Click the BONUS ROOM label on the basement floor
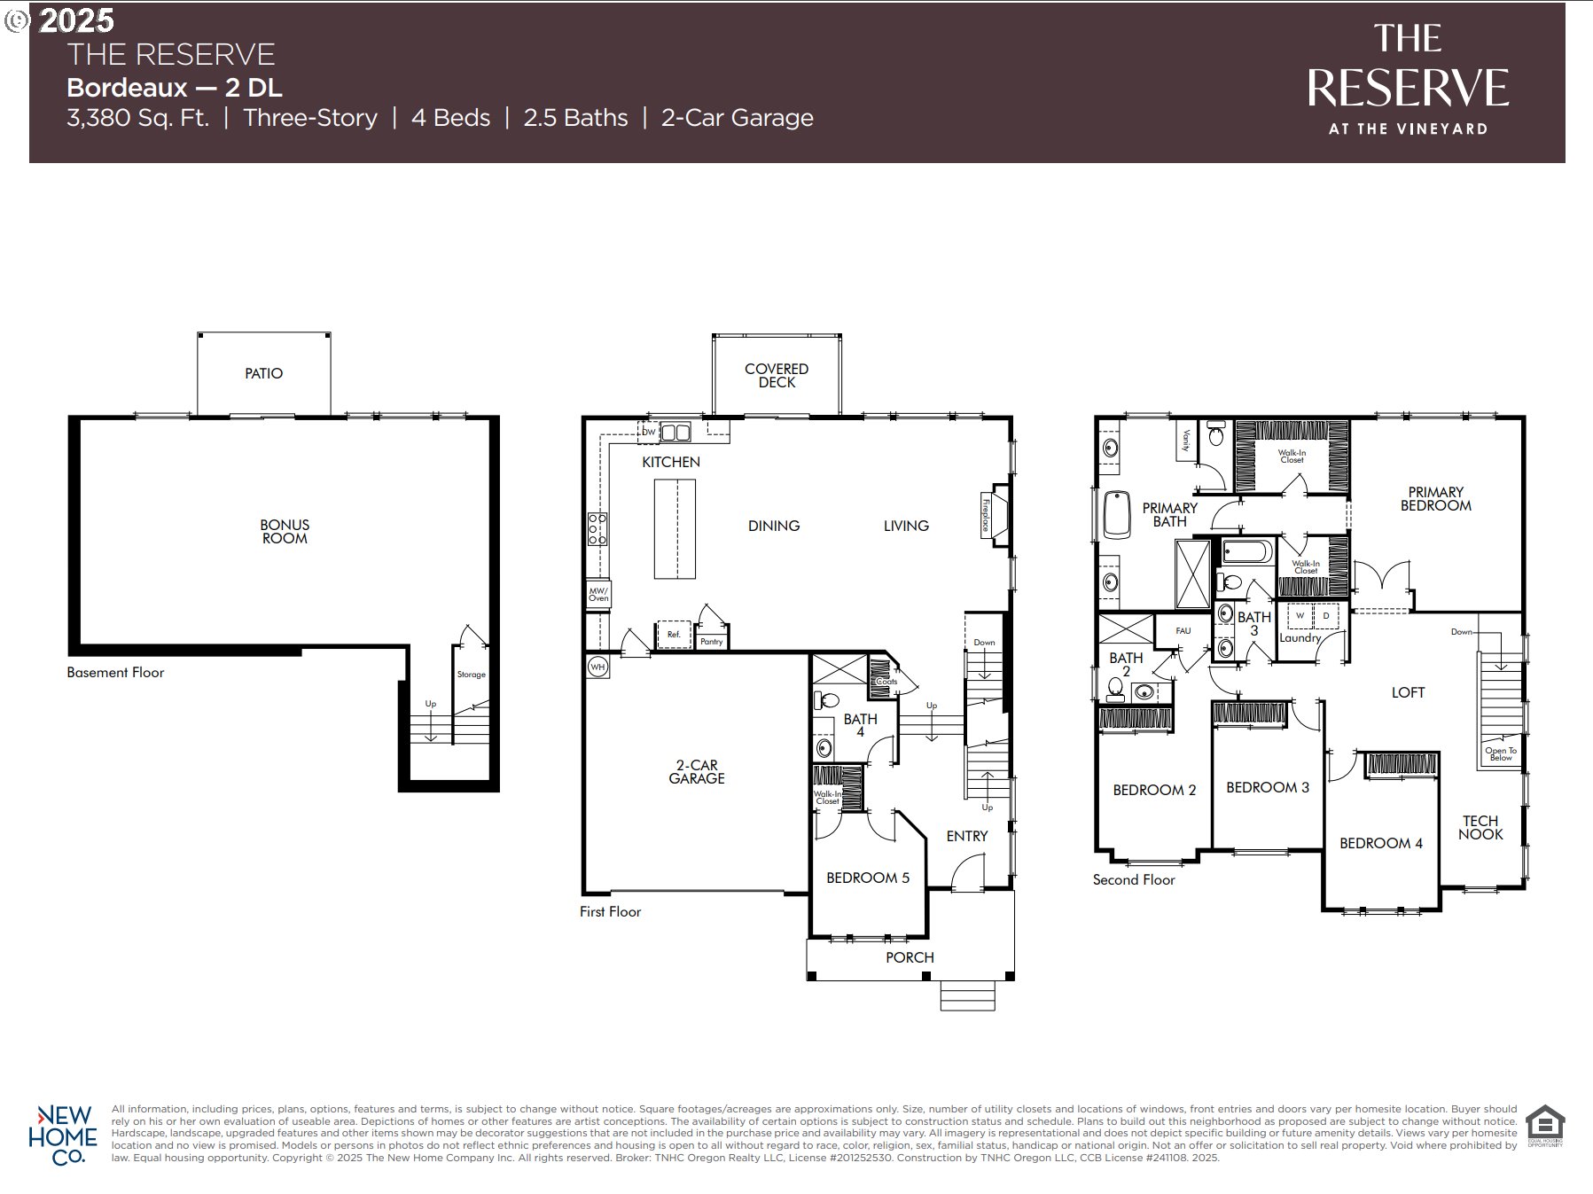(285, 531)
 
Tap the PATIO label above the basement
(263, 373)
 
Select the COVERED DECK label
(776, 375)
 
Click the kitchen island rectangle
(675, 529)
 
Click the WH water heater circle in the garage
(597, 666)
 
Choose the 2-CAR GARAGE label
(697, 771)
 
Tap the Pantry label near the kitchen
(711, 641)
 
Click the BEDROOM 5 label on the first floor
(867, 878)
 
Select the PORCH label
(910, 957)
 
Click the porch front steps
(967, 995)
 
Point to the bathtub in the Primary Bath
(1117, 514)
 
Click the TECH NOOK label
(1480, 827)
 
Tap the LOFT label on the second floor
(1408, 692)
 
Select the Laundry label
(1300, 637)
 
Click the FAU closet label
(1183, 630)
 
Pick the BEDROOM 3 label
(1267, 787)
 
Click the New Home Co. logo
(63, 1135)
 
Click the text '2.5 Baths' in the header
(575, 118)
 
